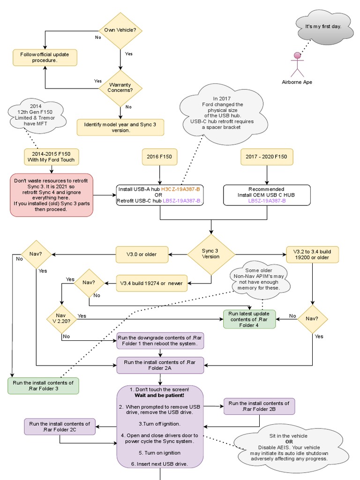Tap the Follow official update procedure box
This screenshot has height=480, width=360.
[45, 57]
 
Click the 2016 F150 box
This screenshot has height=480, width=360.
[160, 157]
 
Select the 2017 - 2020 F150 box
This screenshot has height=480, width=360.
[266, 157]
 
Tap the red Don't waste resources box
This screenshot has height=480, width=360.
[52, 195]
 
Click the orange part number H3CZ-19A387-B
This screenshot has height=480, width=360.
[181, 189]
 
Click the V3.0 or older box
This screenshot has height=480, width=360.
[141, 255]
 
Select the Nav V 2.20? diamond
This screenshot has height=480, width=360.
[61, 319]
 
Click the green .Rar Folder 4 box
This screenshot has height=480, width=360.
[249, 319]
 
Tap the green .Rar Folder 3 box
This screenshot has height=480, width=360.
[43, 385]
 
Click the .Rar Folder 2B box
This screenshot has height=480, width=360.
[259, 406]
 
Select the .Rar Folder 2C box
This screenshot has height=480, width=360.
[60, 427]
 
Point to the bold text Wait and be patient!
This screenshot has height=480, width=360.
[160, 396]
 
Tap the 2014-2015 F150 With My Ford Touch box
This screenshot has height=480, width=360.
[52, 157]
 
